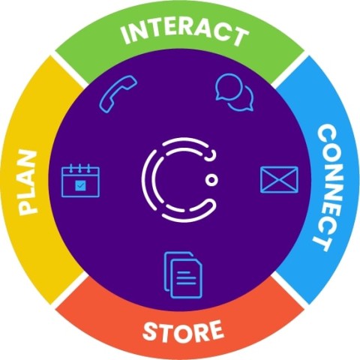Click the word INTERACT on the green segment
(184, 34)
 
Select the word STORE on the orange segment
(183, 331)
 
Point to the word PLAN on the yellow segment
(28, 182)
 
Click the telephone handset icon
(118, 94)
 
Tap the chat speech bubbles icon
(234, 92)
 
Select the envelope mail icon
(279, 179)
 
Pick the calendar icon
(80, 180)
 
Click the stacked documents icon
(183, 275)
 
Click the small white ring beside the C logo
(212, 180)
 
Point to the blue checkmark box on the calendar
(80, 186)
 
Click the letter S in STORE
(150, 331)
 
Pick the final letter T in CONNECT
(322, 243)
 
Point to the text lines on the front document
(186, 277)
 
